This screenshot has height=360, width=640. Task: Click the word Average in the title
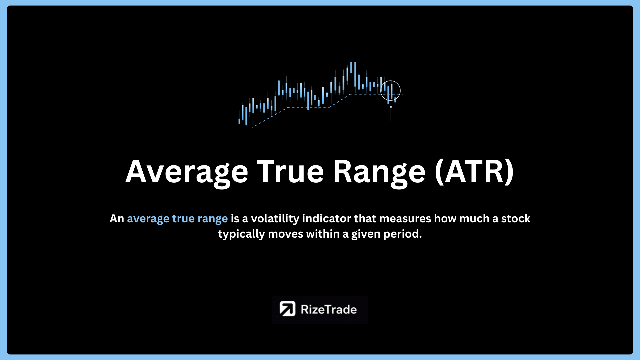(187, 172)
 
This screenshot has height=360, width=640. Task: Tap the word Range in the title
(379, 172)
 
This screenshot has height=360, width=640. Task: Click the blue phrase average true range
(177, 219)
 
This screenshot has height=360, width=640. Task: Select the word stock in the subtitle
(516, 219)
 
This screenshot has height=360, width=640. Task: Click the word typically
(241, 234)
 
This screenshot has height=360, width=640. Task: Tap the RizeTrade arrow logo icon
(287, 309)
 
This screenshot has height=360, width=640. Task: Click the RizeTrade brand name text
(329, 309)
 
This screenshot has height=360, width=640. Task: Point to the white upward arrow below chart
(391, 113)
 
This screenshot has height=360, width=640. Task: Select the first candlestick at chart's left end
(239, 120)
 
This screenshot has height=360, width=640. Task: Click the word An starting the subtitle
(117, 219)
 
